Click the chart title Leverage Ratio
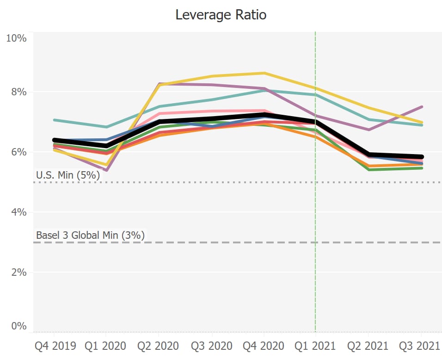tap(221, 15)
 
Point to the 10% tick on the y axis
tap(16, 38)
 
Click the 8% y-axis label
tap(18, 92)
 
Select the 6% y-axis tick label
tap(18, 152)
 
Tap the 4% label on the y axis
tap(18, 212)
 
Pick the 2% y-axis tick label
tap(18, 272)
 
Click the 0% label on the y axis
tap(18, 326)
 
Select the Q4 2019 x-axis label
tap(54, 346)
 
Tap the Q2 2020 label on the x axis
tap(159, 346)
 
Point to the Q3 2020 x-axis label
tap(212, 346)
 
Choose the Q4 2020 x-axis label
tap(264, 346)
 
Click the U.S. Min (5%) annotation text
tap(68, 175)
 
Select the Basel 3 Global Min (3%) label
tap(90, 235)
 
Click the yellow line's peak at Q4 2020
tap(264, 73)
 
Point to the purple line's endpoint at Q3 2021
tap(421, 107)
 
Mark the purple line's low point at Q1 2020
tap(106, 170)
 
